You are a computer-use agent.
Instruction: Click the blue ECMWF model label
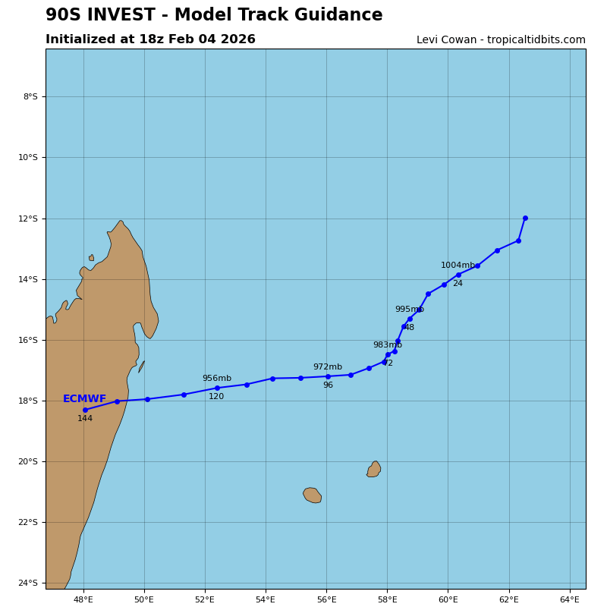84,399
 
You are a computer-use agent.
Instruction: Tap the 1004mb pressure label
458,266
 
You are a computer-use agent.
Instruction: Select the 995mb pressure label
409,310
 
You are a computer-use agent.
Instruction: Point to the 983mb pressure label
387,345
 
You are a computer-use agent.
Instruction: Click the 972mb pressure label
327,367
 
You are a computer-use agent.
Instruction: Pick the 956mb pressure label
216,379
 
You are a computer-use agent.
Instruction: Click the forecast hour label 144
85,419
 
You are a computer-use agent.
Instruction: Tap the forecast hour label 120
216,397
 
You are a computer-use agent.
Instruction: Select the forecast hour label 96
328,385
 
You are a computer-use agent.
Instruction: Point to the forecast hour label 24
458,284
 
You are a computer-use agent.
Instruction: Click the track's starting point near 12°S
525,219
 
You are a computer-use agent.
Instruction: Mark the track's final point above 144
85,410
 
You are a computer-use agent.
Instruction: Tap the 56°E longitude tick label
326,599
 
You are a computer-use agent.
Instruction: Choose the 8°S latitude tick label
30,96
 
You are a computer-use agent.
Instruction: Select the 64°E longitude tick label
569,599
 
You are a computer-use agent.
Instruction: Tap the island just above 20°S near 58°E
374,470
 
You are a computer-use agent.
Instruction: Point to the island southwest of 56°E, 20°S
313,495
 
